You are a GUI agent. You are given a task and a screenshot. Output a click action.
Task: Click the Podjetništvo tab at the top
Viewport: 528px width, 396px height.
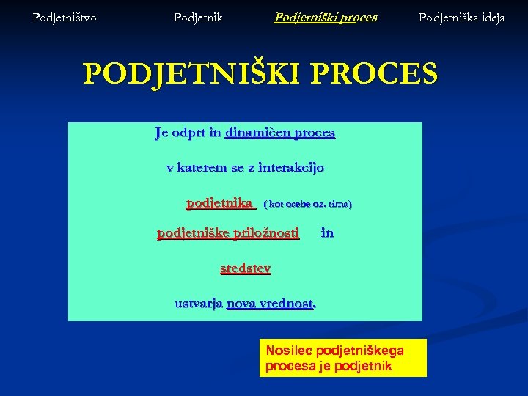coord(65,17)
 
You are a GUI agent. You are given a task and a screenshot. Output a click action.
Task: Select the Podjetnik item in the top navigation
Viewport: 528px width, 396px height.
coord(198,17)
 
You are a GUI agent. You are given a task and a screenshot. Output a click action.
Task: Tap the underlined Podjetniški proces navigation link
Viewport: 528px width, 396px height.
coord(326,17)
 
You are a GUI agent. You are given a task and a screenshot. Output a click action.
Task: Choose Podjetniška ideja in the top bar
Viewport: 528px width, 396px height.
coord(461,17)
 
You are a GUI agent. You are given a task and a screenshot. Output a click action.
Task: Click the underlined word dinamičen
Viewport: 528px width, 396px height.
coord(257,133)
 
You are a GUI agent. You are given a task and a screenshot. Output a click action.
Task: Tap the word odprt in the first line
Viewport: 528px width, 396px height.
coord(188,133)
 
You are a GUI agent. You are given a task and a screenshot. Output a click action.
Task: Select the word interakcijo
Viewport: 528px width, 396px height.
coord(290,167)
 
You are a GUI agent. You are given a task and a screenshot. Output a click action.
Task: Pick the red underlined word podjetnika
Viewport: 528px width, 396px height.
coord(220,202)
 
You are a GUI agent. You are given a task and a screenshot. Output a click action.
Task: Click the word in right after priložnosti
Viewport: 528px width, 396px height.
coord(327,233)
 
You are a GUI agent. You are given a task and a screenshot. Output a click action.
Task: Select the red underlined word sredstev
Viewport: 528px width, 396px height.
coord(246,268)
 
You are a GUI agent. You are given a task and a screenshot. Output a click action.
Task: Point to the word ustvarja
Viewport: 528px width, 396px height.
coord(198,302)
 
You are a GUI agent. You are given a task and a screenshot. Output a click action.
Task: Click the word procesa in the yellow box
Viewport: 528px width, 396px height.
coord(290,366)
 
